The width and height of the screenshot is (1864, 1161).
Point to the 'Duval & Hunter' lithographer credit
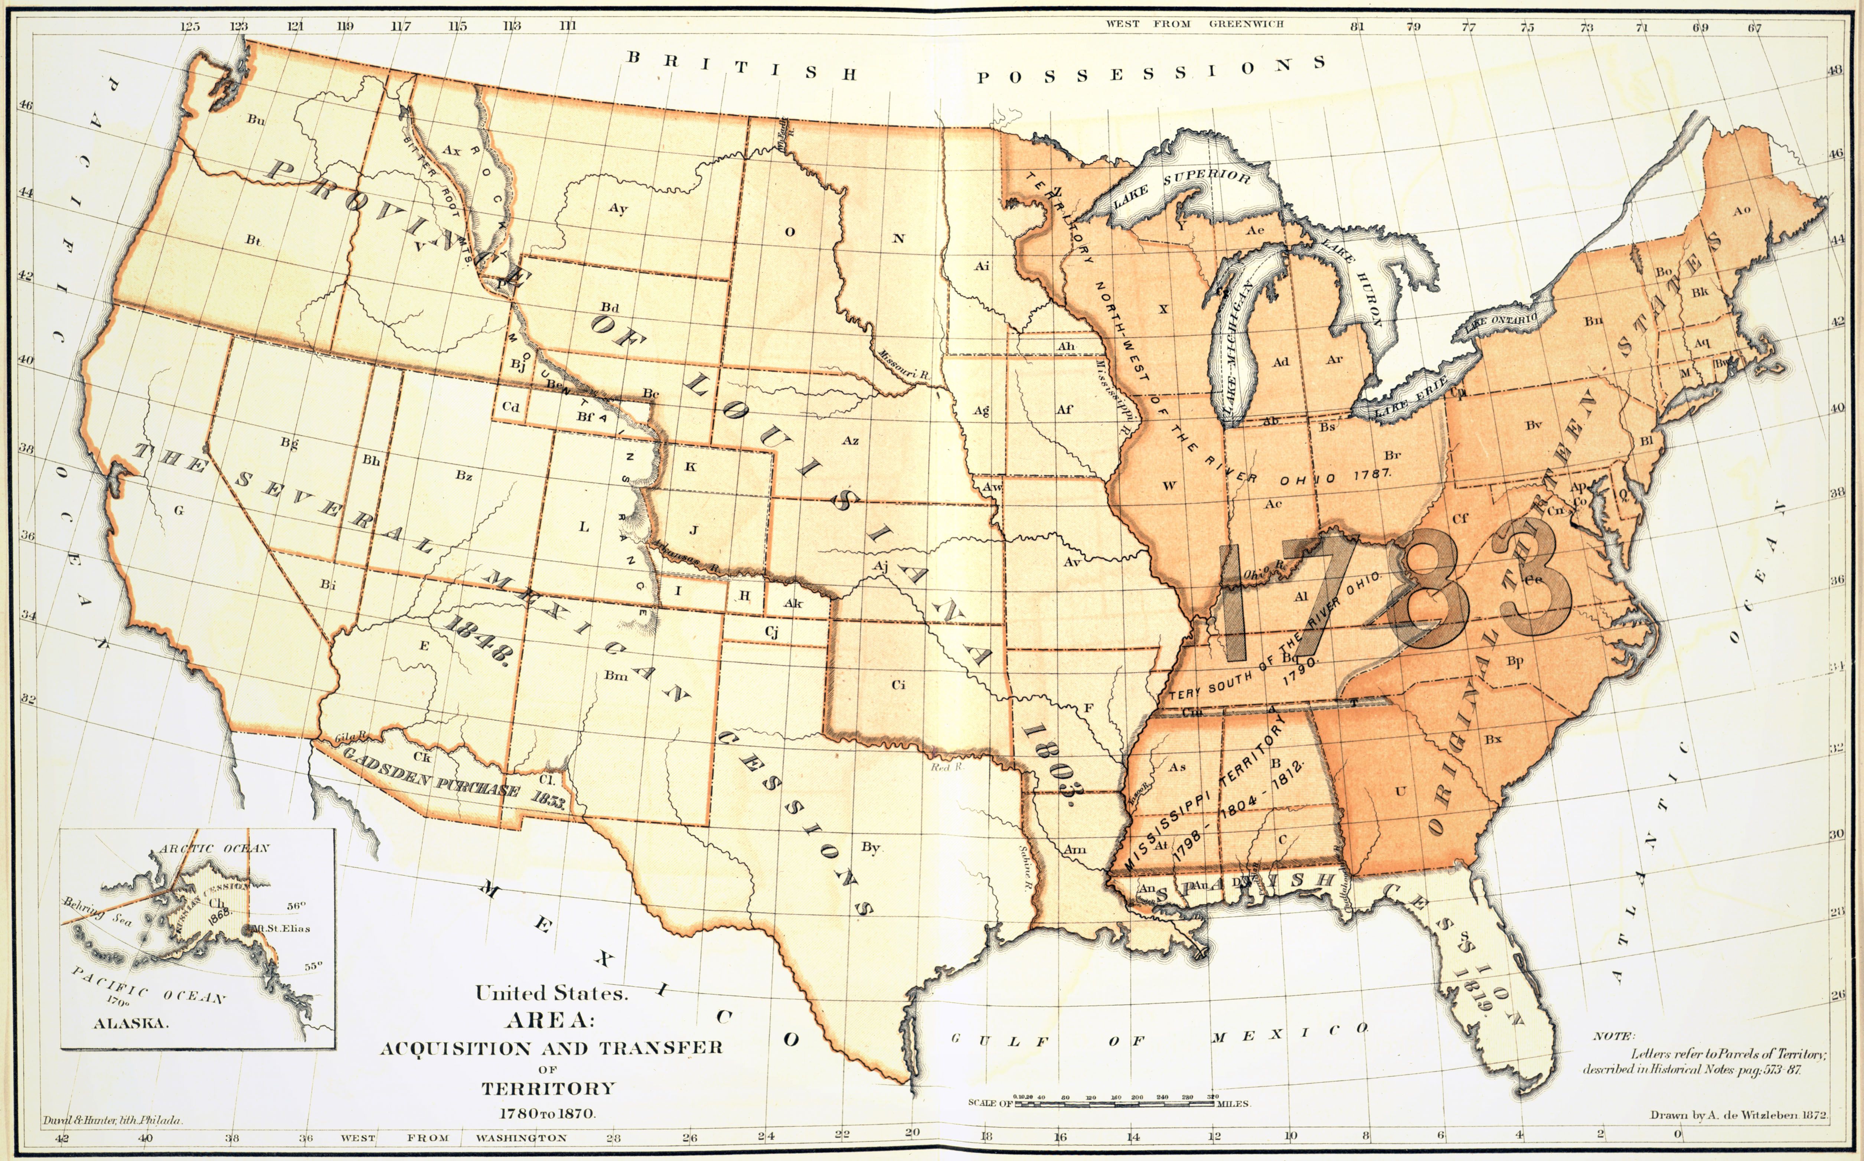coord(112,1120)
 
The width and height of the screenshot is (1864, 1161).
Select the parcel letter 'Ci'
coord(898,684)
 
